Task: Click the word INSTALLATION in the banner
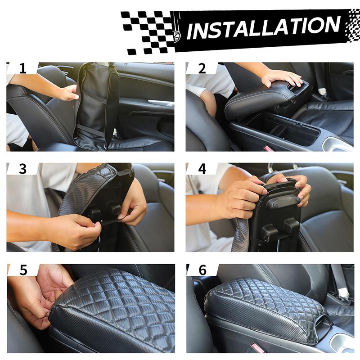click(263, 27)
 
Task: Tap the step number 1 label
click(23, 68)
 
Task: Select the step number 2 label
click(202, 68)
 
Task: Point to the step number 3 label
click(23, 169)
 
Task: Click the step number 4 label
click(202, 169)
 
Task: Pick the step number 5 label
click(23, 270)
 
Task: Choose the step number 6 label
click(202, 270)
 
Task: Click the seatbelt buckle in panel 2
click(322, 92)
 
